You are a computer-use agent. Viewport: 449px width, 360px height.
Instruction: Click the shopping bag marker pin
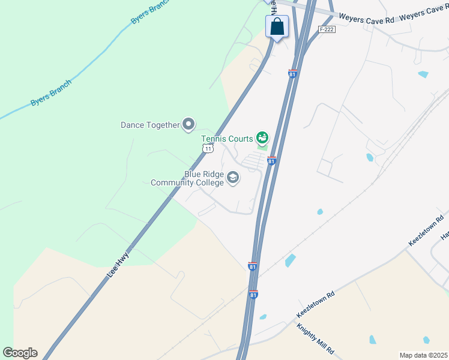tap(277, 27)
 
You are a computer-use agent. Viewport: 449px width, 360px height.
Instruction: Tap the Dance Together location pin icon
tap(188, 125)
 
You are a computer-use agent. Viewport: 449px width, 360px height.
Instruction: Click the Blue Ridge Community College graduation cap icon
tap(233, 178)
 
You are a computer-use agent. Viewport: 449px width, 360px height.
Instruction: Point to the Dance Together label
tap(150, 125)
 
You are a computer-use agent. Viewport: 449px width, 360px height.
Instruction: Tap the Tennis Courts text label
tap(227, 139)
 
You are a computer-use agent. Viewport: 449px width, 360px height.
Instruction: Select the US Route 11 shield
tap(208, 148)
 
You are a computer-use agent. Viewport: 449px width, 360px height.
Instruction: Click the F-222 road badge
tap(326, 29)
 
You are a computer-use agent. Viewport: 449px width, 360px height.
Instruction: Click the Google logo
tap(20, 353)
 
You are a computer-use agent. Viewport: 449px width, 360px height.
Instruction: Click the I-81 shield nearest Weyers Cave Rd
tap(292, 74)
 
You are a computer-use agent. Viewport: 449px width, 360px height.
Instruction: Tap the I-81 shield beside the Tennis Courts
tap(271, 161)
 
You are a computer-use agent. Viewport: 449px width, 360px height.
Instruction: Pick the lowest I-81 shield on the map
tap(253, 295)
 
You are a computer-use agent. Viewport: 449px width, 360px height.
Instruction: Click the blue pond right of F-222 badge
tap(423, 74)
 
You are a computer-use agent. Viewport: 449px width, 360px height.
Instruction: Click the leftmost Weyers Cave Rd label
tap(366, 18)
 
